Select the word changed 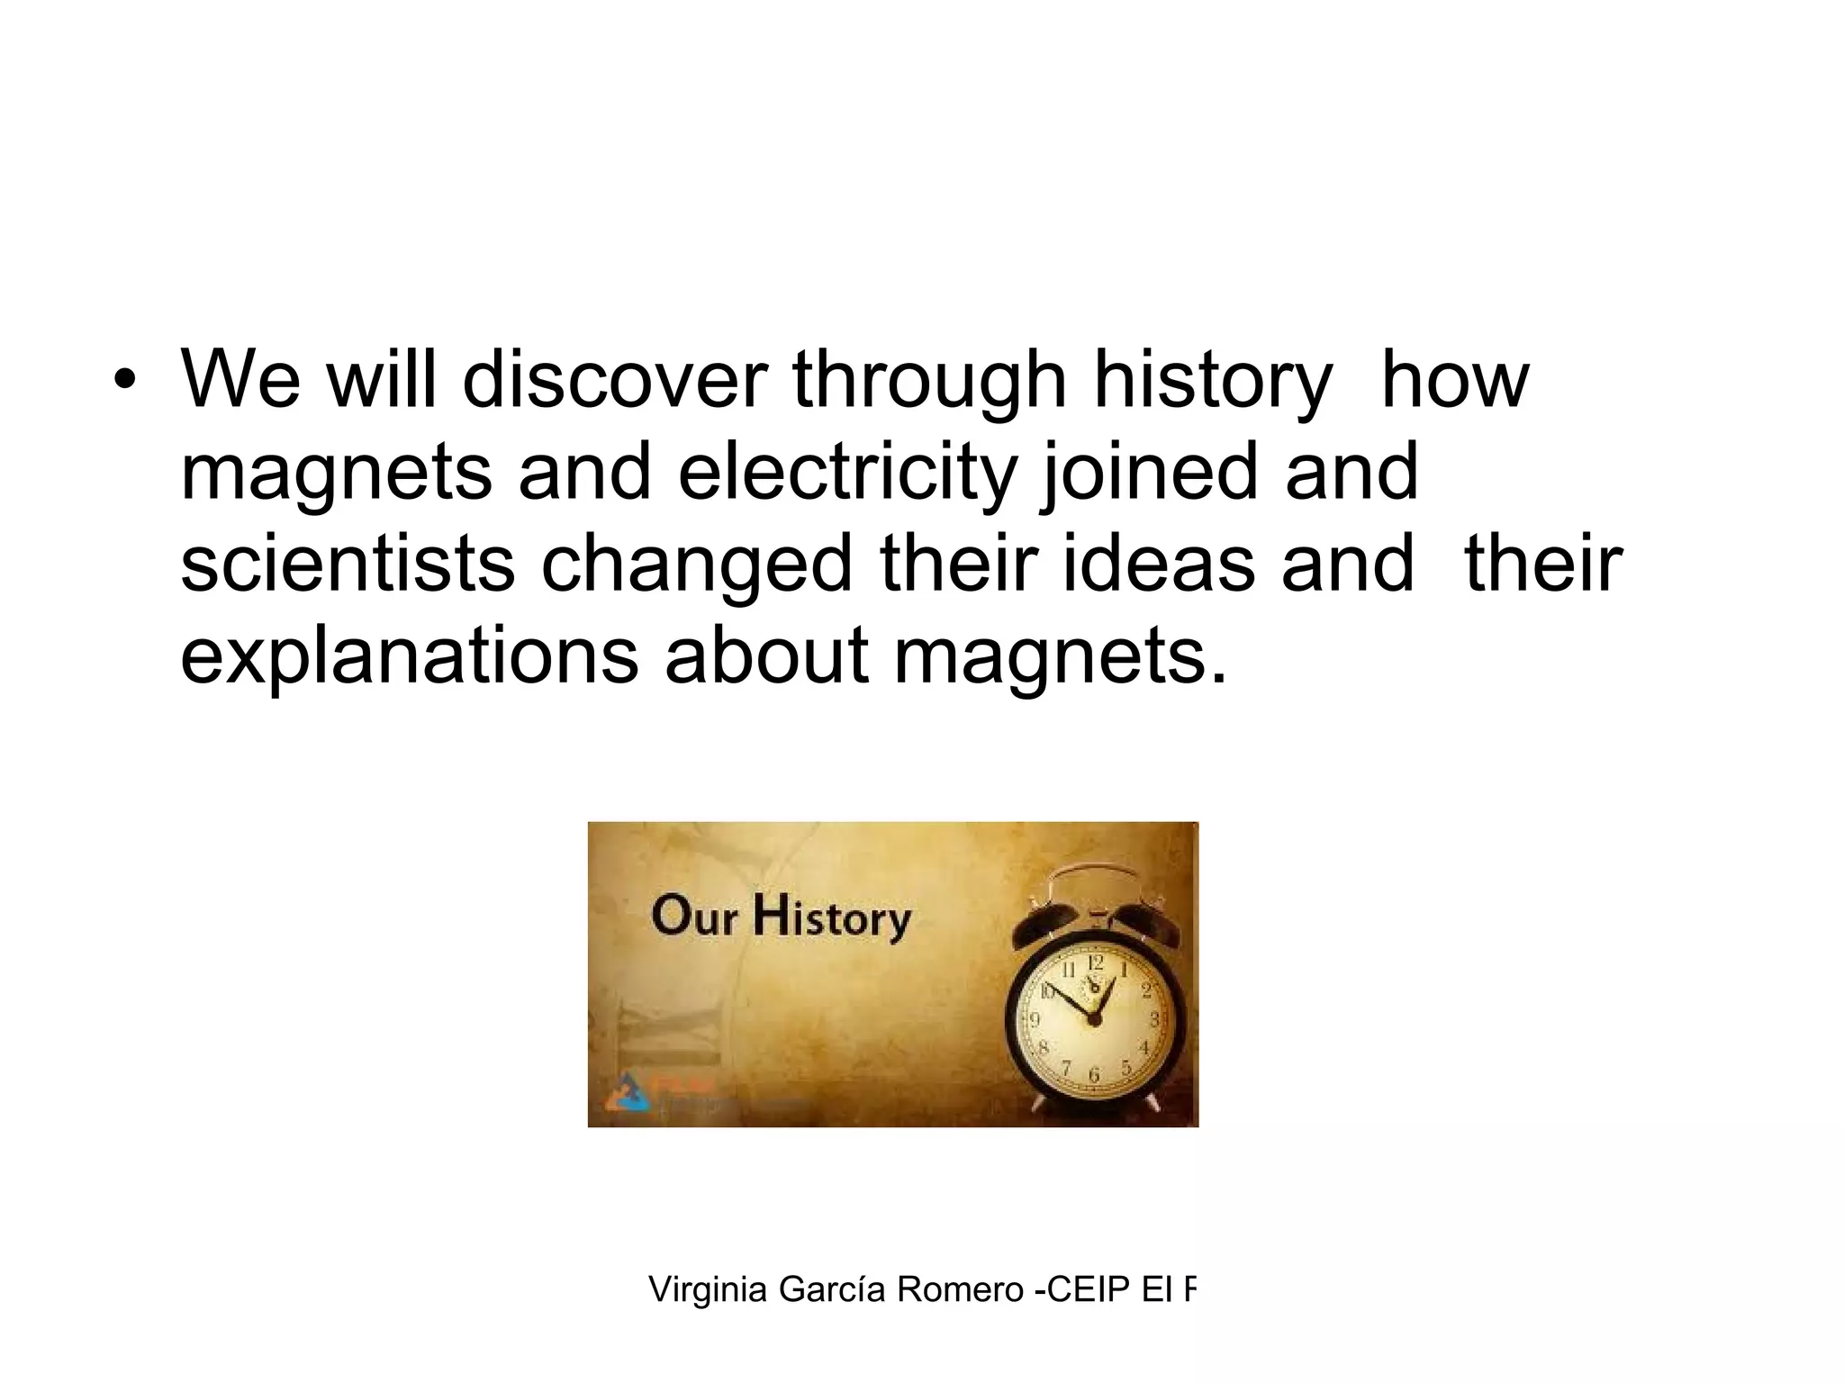[x=696, y=568]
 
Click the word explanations [x=410, y=660]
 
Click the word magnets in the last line [x=1060, y=660]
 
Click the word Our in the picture [x=695, y=918]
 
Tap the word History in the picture [x=833, y=920]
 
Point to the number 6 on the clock [x=1095, y=1075]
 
